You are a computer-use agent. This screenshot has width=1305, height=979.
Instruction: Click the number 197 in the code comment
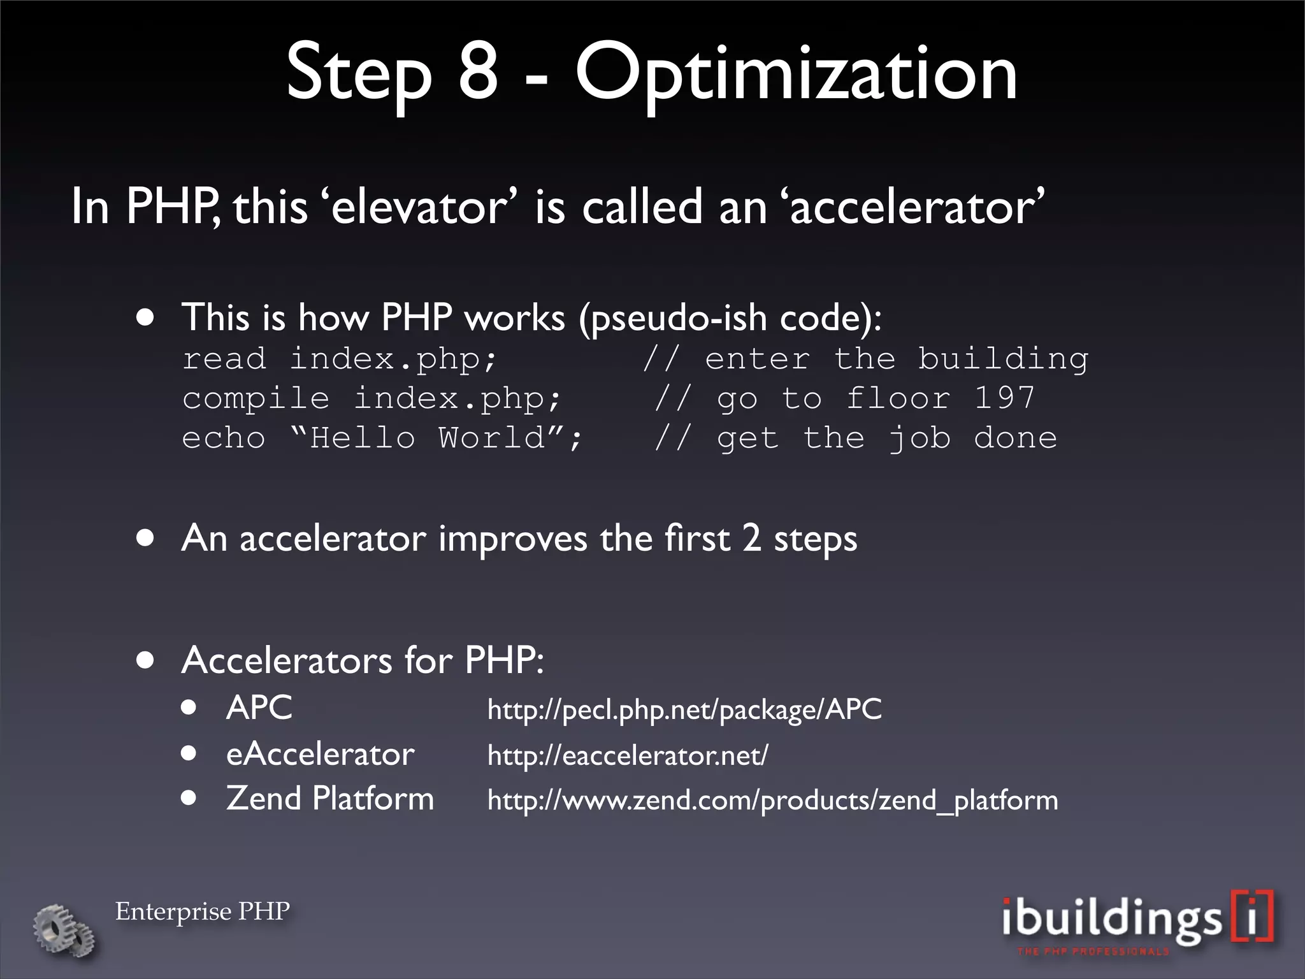(x=1004, y=398)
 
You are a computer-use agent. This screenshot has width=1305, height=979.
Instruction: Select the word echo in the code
(x=223, y=439)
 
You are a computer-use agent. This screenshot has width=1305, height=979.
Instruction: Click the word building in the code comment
(x=1003, y=359)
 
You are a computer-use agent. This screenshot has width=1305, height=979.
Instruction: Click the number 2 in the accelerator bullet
(x=752, y=537)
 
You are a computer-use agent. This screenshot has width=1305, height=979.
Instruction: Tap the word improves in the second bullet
(x=512, y=539)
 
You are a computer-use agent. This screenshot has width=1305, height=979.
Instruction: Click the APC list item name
(x=259, y=707)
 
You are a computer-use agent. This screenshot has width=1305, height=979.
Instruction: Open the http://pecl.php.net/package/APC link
(x=684, y=709)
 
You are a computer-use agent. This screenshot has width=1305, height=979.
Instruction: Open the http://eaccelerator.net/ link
(x=628, y=756)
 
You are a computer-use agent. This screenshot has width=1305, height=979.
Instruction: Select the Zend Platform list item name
(x=329, y=799)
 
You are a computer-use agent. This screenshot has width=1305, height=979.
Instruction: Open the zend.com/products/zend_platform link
(x=772, y=801)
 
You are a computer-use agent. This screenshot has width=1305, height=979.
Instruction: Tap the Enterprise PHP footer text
(x=203, y=911)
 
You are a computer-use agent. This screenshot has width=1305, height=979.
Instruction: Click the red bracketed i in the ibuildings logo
(x=1253, y=915)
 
